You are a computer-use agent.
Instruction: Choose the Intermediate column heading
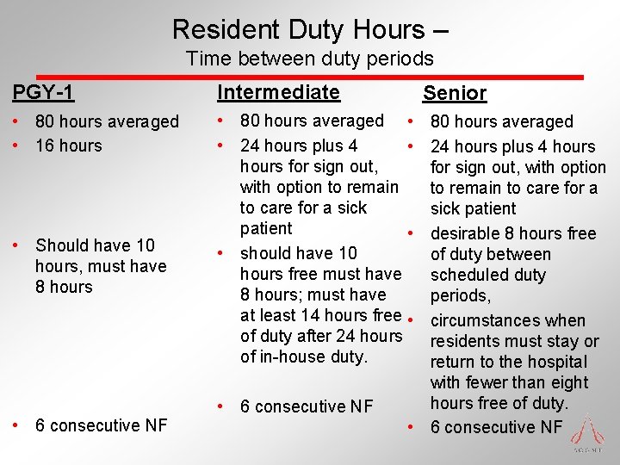tap(278, 91)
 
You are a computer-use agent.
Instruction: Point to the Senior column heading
tap(455, 93)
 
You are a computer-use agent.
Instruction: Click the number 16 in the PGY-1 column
tap(45, 146)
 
